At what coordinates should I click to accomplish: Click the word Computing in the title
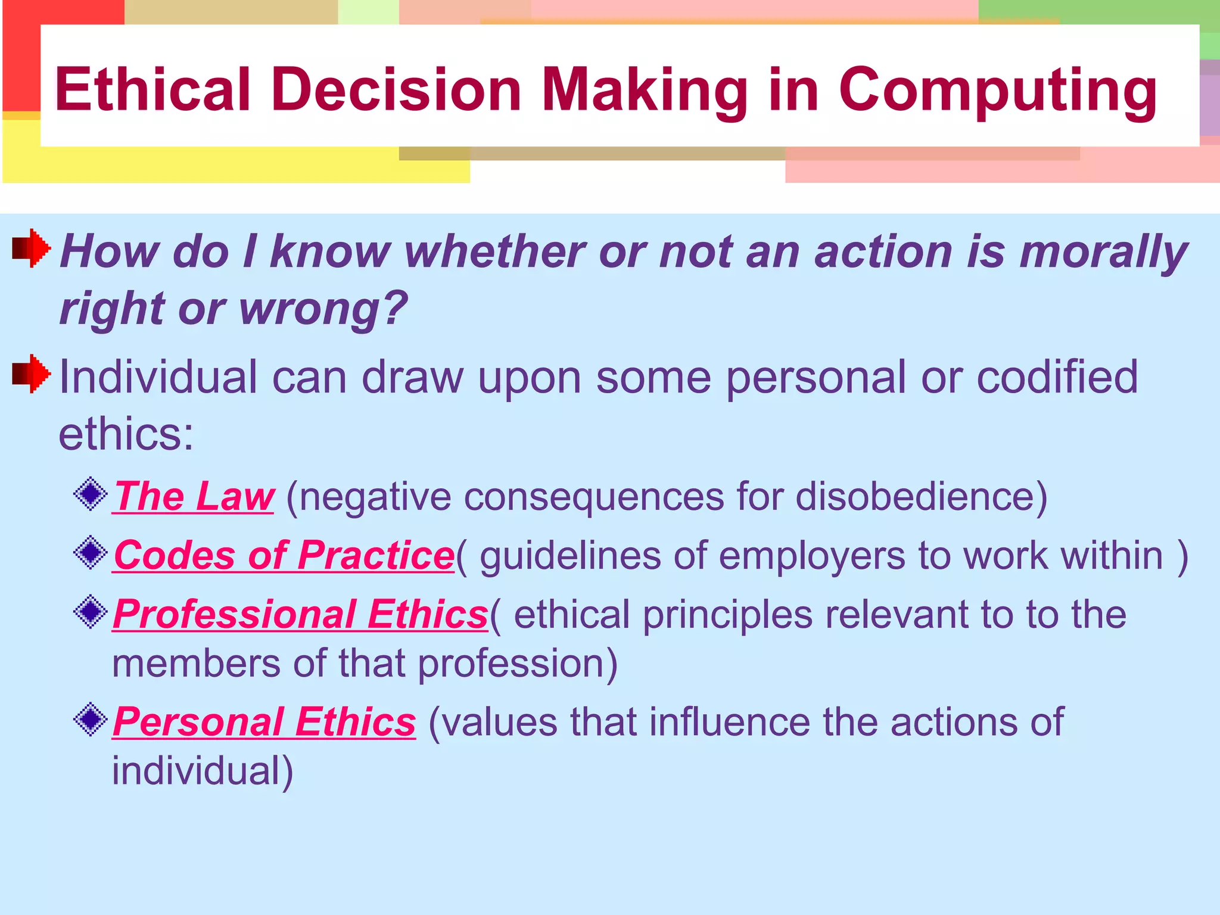[998, 91]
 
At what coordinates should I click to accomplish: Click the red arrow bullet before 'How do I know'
[32, 248]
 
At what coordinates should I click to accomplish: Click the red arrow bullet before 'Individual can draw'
[32, 374]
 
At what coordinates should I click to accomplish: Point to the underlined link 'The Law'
[194, 496]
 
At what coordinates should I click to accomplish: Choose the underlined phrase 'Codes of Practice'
[284, 555]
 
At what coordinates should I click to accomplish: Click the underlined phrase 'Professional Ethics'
[300, 614]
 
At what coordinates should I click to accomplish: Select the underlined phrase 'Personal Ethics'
[264, 722]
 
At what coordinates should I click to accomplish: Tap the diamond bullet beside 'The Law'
[91, 494]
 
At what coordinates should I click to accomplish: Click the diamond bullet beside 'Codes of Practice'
[91, 553]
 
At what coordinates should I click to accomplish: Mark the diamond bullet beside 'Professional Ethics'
[91, 612]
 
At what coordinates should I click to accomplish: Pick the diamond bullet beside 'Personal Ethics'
[91, 720]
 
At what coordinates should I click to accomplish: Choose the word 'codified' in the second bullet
[1057, 377]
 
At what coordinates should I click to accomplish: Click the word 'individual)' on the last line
[203, 771]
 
